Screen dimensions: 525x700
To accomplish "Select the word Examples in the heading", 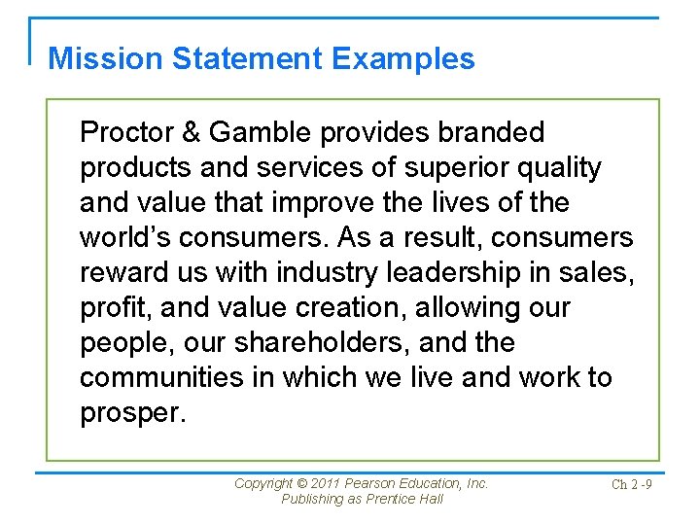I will click(402, 58).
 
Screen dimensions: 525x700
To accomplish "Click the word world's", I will click(124, 237).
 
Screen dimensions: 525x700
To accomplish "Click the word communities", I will click(162, 377).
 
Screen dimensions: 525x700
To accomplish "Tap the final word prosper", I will click(131, 412).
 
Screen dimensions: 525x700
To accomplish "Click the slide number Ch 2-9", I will click(631, 484).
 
